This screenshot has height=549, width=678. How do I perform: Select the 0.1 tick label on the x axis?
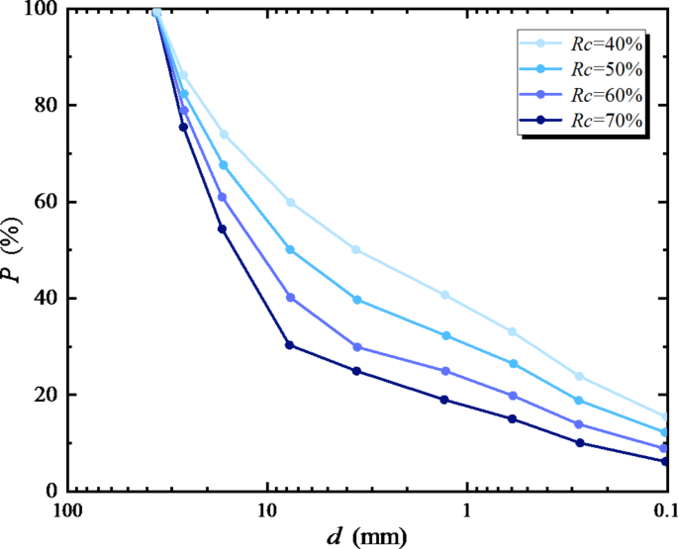tap(664, 511)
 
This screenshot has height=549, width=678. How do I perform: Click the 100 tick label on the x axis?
tap(65, 511)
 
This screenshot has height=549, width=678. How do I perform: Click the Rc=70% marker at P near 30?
tap(289, 345)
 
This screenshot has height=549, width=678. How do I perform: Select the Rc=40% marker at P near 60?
tap(290, 202)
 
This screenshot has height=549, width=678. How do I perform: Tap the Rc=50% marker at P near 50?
tap(290, 250)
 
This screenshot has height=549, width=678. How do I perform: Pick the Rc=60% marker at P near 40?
tap(290, 298)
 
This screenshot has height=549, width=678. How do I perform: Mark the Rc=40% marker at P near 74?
tap(224, 135)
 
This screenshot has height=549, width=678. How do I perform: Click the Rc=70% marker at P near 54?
tap(222, 229)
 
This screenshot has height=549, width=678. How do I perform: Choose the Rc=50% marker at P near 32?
tap(446, 336)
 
